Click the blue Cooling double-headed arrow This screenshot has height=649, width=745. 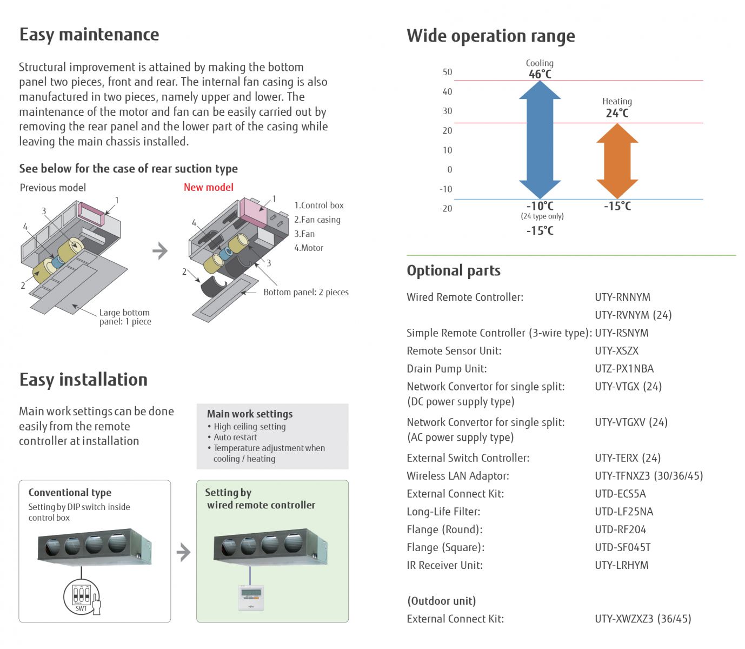pyautogui.click(x=540, y=140)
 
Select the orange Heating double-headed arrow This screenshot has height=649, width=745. pyautogui.click(x=617, y=161)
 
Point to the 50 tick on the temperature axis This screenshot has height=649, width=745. pyautogui.click(x=447, y=72)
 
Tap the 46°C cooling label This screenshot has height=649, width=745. pyautogui.click(x=540, y=74)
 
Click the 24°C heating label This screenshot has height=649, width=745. pyautogui.click(x=617, y=113)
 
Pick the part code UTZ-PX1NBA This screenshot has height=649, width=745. pyautogui.click(x=624, y=369)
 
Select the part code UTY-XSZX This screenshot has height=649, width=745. pyautogui.click(x=616, y=351)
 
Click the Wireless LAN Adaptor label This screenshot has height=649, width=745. pyautogui.click(x=457, y=476)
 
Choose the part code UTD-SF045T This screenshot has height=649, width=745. pyautogui.click(x=622, y=547)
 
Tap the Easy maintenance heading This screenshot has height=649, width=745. pyautogui.click(x=89, y=35)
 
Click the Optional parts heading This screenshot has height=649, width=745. pyautogui.click(x=453, y=270)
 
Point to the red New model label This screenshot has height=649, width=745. pyautogui.click(x=208, y=188)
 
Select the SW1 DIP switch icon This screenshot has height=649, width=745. pyautogui.click(x=82, y=597)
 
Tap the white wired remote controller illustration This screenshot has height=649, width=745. pyautogui.click(x=251, y=598)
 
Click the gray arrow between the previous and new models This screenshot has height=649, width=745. pyautogui.click(x=160, y=251)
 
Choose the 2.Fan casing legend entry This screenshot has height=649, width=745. pyautogui.click(x=317, y=220)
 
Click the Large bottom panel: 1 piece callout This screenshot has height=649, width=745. pyautogui.click(x=125, y=317)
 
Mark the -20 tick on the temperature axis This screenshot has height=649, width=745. pyautogui.click(x=446, y=209)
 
